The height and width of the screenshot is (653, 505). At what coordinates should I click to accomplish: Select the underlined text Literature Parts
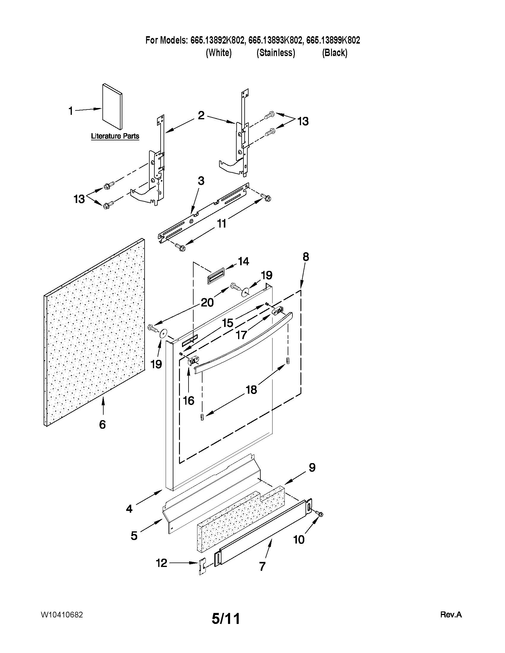pos(115,136)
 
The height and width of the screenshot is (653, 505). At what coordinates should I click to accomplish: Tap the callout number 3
pos(201,181)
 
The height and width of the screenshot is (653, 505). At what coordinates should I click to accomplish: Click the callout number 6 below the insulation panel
pos(102,424)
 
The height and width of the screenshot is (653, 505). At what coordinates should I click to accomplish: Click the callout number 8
pos(305,257)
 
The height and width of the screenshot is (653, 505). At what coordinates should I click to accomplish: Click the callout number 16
pos(189,400)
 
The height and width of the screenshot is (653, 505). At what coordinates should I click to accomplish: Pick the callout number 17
pos(241,335)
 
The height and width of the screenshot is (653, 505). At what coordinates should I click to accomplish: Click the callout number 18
pos(251,390)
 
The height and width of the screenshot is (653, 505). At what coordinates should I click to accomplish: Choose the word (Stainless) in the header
pos(276,53)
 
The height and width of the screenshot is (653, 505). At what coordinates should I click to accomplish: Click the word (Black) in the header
pos(335,53)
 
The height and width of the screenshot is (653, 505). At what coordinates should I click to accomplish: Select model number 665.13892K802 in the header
pos(217,40)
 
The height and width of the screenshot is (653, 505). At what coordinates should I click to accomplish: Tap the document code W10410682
pos(62,615)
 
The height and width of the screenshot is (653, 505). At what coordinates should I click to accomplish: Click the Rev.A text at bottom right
pos(451,615)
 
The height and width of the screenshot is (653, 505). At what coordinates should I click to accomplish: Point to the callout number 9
pos(312,467)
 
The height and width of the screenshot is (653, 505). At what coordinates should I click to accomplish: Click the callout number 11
pos(221,224)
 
